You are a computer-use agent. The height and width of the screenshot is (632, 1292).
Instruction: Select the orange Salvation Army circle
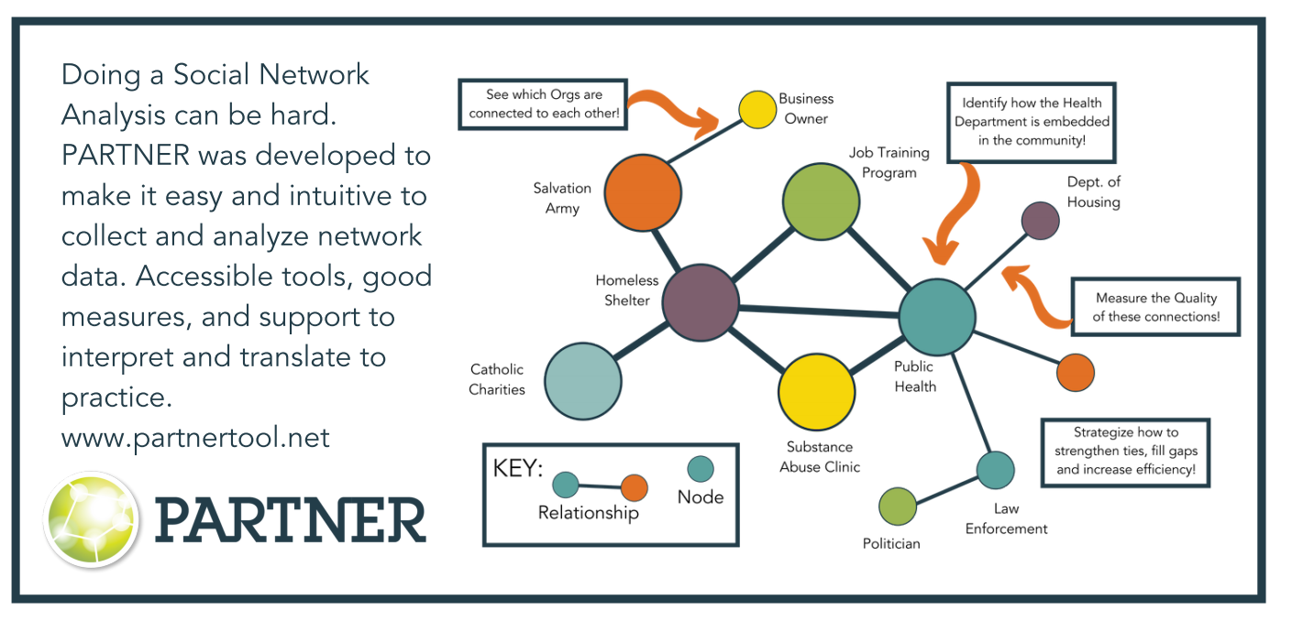tap(644, 193)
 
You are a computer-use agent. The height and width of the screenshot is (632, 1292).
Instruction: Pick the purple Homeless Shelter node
tap(701, 302)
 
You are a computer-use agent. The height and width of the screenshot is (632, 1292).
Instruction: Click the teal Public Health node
tap(936, 316)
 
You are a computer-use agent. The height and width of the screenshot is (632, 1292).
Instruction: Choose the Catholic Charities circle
tap(582, 380)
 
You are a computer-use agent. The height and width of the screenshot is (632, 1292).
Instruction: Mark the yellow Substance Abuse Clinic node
tap(816, 392)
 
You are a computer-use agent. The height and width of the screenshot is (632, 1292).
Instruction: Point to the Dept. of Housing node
tap(1040, 221)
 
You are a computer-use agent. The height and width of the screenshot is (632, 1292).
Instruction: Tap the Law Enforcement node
tap(995, 470)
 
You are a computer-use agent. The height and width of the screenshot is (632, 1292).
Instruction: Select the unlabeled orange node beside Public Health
tap(1075, 374)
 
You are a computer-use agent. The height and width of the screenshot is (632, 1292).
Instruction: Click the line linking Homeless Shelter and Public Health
tap(819, 310)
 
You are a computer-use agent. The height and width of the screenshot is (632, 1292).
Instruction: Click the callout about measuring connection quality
tap(1155, 307)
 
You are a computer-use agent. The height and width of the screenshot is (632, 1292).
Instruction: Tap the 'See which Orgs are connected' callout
tap(530, 104)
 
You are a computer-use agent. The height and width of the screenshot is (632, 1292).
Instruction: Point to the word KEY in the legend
tap(518, 468)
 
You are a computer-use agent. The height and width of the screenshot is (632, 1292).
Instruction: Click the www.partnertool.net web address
tap(195, 438)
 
